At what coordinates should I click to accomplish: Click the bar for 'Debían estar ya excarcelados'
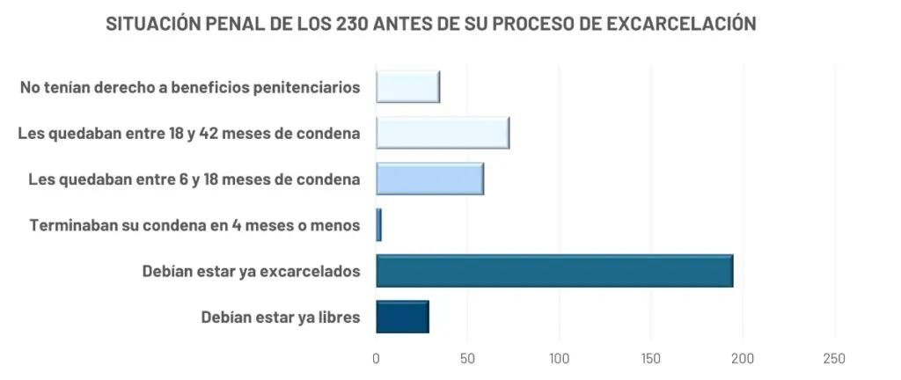click(x=554, y=271)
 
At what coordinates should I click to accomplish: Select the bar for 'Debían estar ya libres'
click(x=402, y=317)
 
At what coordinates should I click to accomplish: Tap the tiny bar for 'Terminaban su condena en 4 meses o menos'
click(x=378, y=225)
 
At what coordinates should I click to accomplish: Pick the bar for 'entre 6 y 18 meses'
click(x=429, y=179)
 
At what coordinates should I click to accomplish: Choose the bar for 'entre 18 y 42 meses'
click(x=443, y=134)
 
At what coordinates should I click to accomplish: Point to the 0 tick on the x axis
click(x=377, y=359)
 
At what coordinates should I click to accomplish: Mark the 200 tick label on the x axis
click(x=743, y=359)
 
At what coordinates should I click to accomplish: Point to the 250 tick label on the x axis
click(x=834, y=359)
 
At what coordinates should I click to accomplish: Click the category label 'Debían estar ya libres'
click(x=281, y=318)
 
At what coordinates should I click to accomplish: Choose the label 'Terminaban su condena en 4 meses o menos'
click(x=194, y=226)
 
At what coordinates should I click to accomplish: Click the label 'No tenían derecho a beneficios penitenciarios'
click(x=189, y=88)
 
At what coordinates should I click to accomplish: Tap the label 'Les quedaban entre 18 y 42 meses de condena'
click(x=189, y=134)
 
